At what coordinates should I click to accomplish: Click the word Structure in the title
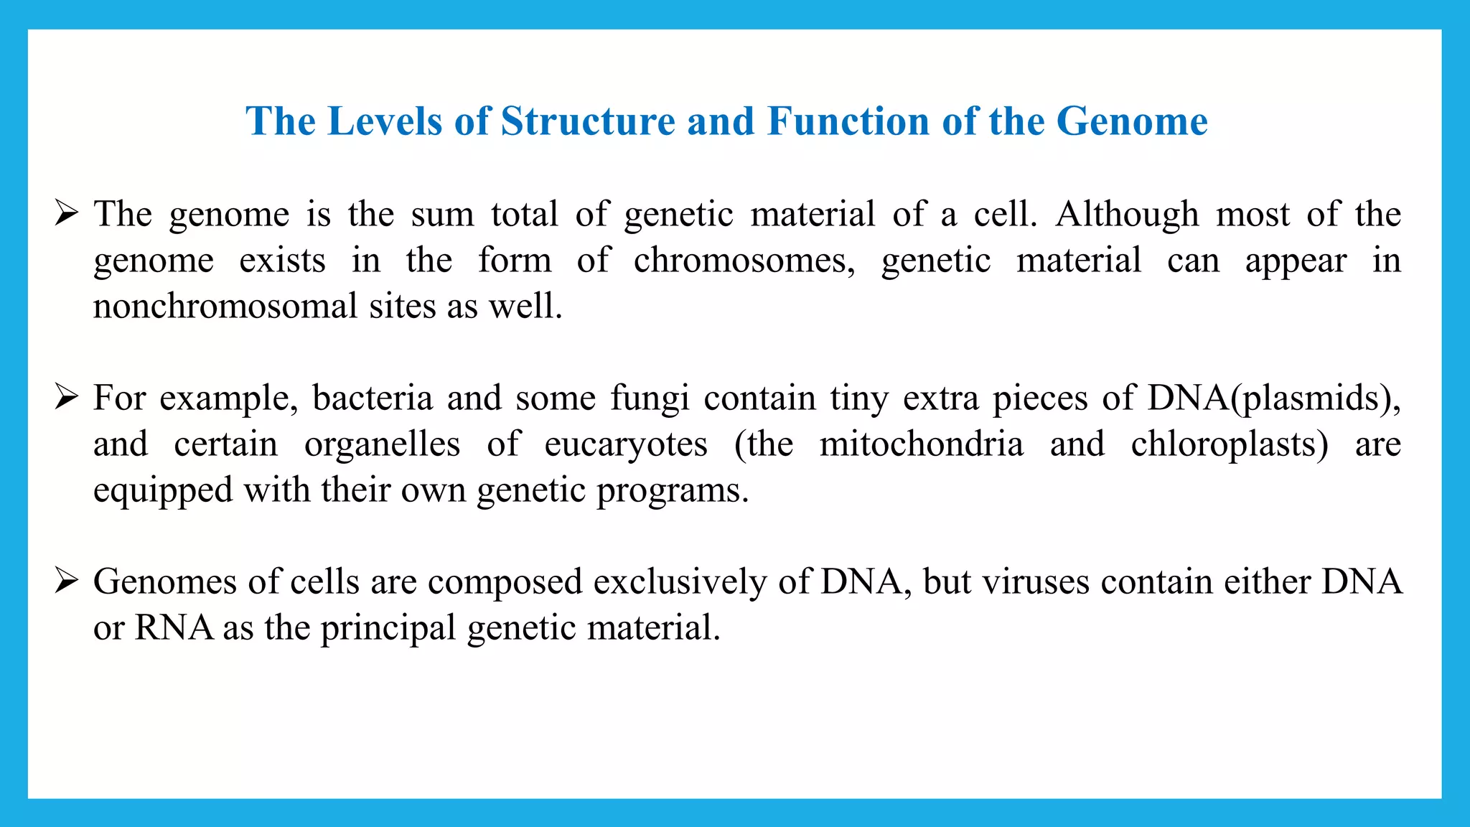coord(588,121)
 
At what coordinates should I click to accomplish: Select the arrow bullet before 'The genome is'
coord(66,214)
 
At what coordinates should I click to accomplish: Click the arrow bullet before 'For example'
coord(66,398)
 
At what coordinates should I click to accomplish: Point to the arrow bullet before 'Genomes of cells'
coord(66,581)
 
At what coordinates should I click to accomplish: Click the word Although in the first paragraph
coord(1127,215)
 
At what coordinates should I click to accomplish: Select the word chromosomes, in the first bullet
coord(744,261)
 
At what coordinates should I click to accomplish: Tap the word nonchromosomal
coord(225,307)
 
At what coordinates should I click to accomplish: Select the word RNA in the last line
coord(174,628)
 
